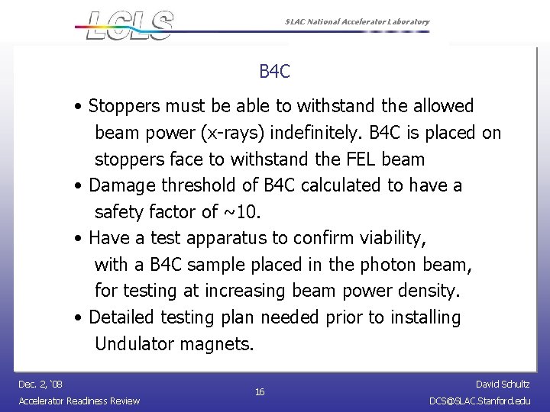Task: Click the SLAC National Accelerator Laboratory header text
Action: pyautogui.click(x=352, y=22)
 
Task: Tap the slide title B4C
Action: pyautogui.click(x=274, y=72)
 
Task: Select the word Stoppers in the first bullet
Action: pyautogui.click(x=122, y=105)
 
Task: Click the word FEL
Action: pyautogui.click(x=360, y=159)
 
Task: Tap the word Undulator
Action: pyautogui.click(x=134, y=344)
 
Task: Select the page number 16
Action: pyautogui.click(x=260, y=392)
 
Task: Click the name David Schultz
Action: pyautogui.click(x=503, y=385)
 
